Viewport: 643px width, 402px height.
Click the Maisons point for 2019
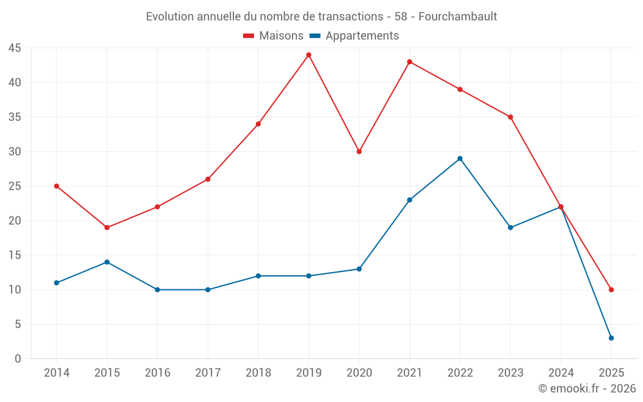309,55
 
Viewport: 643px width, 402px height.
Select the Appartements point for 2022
460,158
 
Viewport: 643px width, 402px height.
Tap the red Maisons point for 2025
611,289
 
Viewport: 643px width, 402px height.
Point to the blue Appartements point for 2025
611,338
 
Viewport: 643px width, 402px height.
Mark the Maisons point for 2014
57,186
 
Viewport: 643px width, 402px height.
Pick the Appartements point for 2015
107,262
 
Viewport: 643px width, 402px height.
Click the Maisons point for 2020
359,152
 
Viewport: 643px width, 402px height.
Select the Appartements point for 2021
410,200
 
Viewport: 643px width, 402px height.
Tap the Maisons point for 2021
410,62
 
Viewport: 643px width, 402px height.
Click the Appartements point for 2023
511,228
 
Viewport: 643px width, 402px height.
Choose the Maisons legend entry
273,36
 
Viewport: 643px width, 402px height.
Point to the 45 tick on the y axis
15,48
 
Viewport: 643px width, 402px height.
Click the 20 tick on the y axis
15,221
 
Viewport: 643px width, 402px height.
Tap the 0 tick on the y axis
18,359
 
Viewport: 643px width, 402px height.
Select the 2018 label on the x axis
258,373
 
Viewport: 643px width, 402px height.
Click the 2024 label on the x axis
561,373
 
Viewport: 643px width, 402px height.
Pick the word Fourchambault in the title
457,17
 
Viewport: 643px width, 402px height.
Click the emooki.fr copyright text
586,388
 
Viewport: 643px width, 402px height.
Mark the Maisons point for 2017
208,179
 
